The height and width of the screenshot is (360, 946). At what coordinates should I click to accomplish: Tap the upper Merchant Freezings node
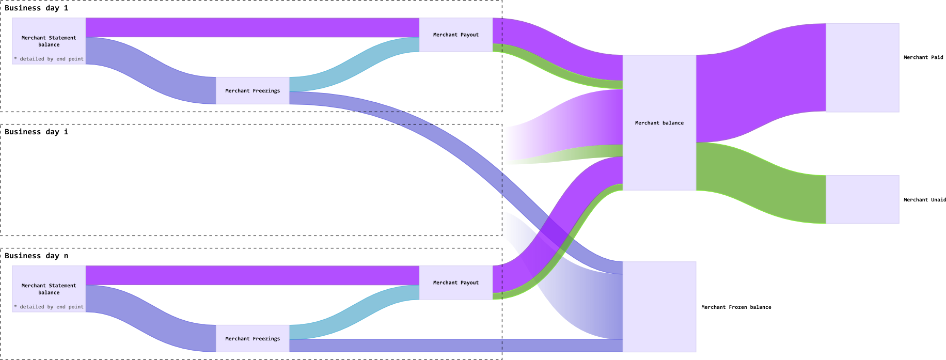coord(253,91)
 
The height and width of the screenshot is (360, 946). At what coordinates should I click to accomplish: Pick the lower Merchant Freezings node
coord(253,339)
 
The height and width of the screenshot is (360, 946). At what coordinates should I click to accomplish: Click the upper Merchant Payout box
coord(455,35)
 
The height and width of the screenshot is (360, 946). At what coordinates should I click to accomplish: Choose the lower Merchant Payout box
coord(455,283)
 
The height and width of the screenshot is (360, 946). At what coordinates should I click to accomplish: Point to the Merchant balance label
coord(659,123)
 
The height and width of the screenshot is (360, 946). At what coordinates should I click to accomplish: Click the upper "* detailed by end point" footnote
coord(49,59)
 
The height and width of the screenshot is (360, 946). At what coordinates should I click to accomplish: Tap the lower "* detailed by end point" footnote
coord(49,307)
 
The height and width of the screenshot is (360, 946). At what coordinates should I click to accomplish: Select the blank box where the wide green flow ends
coord(862,199)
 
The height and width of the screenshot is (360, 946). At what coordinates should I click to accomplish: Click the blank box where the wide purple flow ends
coord(862,68)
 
